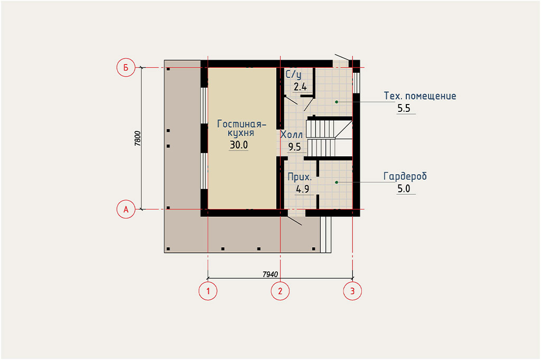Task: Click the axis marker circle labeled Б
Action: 126,68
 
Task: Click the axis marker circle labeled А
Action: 126,210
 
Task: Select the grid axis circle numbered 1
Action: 208,291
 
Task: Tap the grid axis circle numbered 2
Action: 280,291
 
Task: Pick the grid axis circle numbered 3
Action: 352,291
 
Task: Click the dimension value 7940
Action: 270,274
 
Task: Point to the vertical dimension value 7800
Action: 138,139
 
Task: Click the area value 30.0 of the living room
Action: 239,145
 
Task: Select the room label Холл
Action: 292,135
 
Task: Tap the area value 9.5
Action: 295,147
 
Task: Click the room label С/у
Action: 293,74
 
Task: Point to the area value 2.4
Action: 300,87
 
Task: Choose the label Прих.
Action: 300,177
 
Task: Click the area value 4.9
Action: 303,190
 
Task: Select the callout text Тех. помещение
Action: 420,96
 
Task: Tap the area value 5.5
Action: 404,108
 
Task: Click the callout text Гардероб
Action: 405,176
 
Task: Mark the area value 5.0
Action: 404,188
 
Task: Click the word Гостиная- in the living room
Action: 242,124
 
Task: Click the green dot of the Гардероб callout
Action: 337,182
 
